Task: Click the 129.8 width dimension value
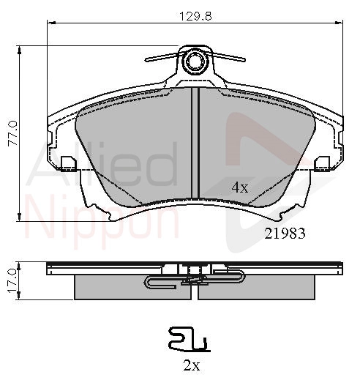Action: click(x=195, y=16)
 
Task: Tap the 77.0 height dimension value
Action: click(x=13, y=133)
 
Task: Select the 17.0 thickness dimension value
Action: click(x=12, y=280)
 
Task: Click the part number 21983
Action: click(x=285, y=234)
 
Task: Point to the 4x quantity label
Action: click(x=240, y=188)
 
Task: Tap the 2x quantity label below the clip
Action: click(x=192, y=365)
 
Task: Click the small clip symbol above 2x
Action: click(x=190, y=340)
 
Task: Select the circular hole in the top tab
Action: click(x=195, y=61)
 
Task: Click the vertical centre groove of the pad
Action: click(x=195, y=143)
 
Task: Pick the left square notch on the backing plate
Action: click(x=69, y=163)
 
